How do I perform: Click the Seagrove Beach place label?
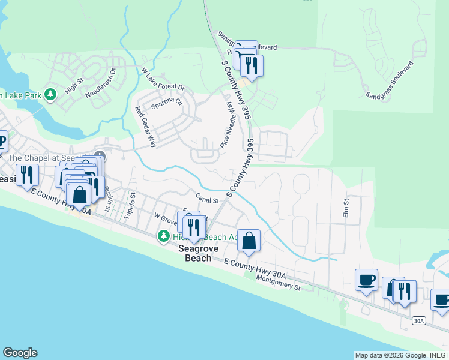coord(197,254)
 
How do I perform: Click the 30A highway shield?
coord(419,322)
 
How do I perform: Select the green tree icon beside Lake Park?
coord(52,94)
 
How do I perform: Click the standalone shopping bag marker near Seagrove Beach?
coord(249,241)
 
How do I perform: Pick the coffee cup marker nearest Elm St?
coord(366,280)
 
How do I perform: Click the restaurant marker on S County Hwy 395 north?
coord(251,65)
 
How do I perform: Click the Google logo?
coord(20,353)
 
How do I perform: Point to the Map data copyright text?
coord(400,355)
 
